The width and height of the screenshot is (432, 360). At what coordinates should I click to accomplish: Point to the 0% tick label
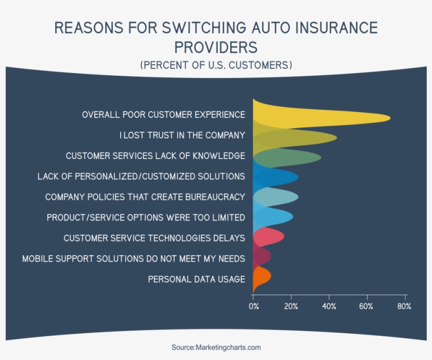tap(253, 306)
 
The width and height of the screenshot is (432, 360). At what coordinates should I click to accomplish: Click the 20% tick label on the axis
tap(291, 306)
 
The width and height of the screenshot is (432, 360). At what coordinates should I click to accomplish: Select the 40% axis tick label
tap(329, 306)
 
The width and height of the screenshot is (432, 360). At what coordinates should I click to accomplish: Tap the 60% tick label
tap(367, 306)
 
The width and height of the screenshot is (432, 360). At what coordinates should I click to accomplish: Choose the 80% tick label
tap(404, 306)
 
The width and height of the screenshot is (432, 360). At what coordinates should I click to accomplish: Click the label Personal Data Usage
tap(197, 279)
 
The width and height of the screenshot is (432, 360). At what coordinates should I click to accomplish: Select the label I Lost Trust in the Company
tap(182, 135)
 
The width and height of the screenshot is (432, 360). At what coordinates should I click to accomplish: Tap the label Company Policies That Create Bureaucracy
tap(145, 197)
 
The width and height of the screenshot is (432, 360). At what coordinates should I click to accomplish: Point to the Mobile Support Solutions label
tap(134, 258)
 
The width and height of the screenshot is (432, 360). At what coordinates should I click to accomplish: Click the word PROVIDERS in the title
tap(216, 47)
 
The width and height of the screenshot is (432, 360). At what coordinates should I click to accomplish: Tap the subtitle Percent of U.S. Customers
tap(216, 65)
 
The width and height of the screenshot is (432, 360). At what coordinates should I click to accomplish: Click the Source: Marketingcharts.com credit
tap(216, 347)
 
